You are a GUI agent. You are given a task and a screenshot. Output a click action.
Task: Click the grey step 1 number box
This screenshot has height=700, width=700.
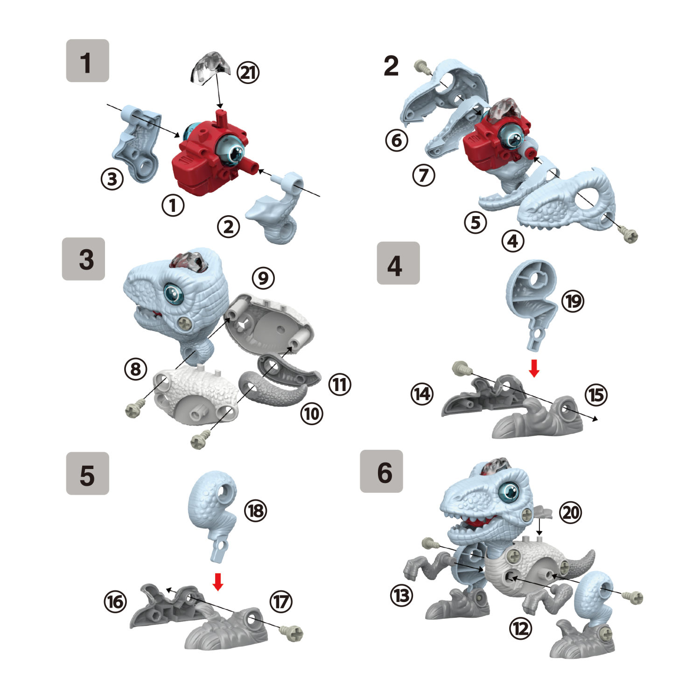click(87, 61)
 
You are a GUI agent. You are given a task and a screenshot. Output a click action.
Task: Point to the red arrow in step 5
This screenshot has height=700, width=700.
click(217, 581)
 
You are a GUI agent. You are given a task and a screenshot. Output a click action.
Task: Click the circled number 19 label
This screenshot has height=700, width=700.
click(573, 301)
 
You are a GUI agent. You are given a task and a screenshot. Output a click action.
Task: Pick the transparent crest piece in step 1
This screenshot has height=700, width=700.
click(210, 68)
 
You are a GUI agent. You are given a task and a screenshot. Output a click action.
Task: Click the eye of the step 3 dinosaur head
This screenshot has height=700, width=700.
click(173, 293)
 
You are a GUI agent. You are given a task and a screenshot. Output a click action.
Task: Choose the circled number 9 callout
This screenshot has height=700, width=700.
click(263, 278)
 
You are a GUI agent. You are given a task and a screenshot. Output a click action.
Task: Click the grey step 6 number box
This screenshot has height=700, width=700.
click(381, 471)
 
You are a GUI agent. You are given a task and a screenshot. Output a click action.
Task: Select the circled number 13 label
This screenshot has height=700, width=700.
click(402, 595)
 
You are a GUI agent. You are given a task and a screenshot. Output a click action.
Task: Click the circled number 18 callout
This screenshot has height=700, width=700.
click(256, 511)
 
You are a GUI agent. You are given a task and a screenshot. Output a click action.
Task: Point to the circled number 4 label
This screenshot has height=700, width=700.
click(513, 241)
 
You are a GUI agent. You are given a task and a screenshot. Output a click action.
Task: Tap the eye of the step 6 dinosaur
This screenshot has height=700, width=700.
click(509, 491)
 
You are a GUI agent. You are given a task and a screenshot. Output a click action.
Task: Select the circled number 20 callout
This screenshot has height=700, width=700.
click(570, 512)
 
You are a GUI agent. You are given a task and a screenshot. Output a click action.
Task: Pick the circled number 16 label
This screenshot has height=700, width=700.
click(115, 602)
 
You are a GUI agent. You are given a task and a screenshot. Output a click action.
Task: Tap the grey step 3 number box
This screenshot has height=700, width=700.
click(84, 259)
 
